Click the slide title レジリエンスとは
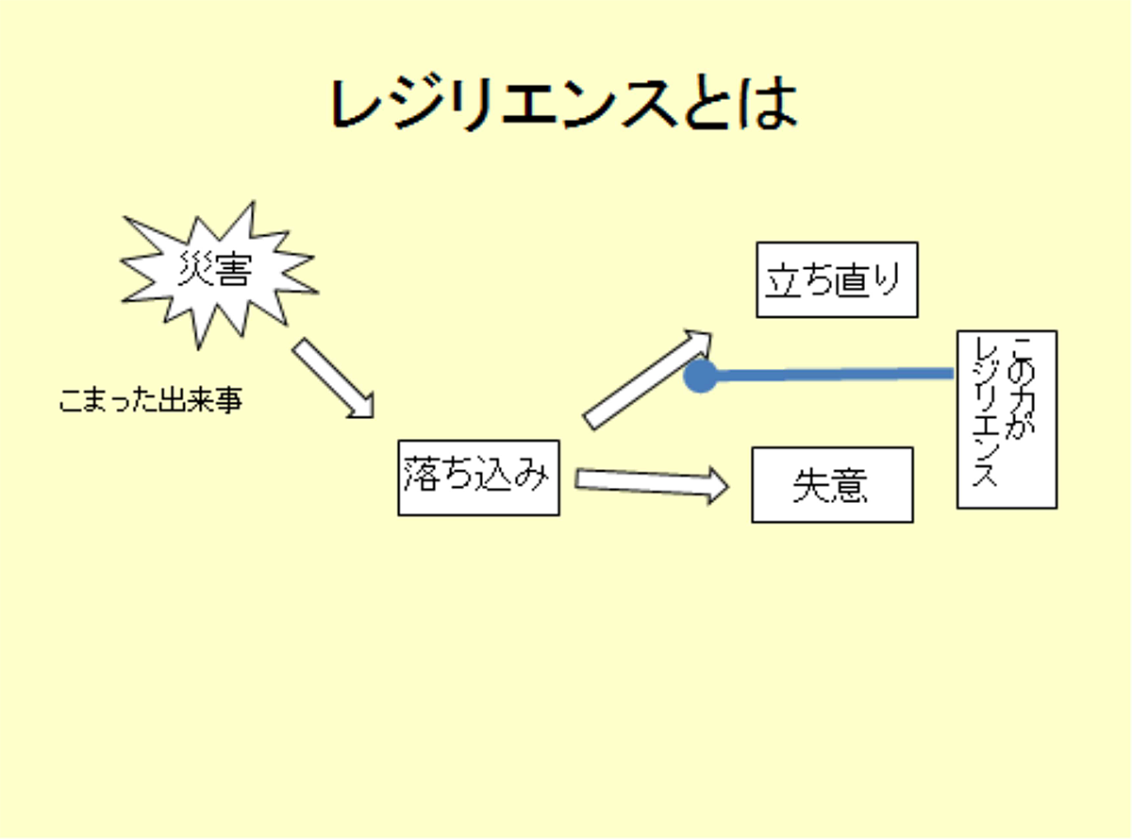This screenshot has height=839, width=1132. [564, 104]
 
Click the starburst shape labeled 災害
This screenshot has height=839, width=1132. [219, 275]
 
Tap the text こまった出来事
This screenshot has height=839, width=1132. [151, 400]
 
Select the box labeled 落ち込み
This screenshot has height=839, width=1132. [478, 478]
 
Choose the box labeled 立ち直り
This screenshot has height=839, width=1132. [837, 280]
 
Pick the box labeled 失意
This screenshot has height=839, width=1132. [832, 485]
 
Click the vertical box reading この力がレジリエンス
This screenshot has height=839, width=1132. [1007, 420]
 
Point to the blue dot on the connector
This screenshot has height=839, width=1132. [700, 376]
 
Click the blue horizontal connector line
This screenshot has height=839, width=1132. [826, 375]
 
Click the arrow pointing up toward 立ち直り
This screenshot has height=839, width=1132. [648, 379]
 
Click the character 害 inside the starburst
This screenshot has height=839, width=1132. [233, 270]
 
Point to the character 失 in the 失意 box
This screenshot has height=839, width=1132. [812, 486]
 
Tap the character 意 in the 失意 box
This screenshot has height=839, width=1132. [849, 486]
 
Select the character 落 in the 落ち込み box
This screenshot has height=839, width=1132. [422, 474]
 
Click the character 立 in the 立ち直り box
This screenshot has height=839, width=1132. [784, 280]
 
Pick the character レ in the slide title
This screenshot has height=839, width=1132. [358, 104]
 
